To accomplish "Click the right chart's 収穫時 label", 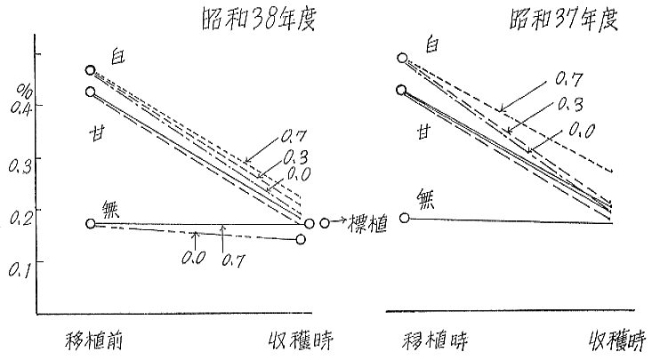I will pyautogui.click(x=617, y=341).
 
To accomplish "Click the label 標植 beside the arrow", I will pyautogui.click(x=367, y=225).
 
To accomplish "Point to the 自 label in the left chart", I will pyautogui.click(x=117, y=56).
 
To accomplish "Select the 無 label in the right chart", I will pyautogui.click(x=427, y=198).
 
